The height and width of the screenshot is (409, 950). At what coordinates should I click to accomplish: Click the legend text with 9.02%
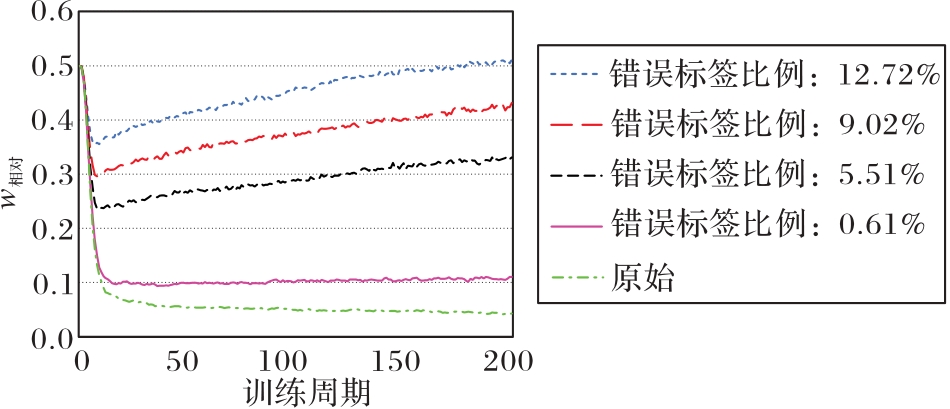[x=767, y=124]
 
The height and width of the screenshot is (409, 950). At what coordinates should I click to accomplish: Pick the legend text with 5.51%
[x=767, y=174]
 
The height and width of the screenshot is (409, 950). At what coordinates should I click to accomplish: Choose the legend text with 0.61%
[x=767, y=224]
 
